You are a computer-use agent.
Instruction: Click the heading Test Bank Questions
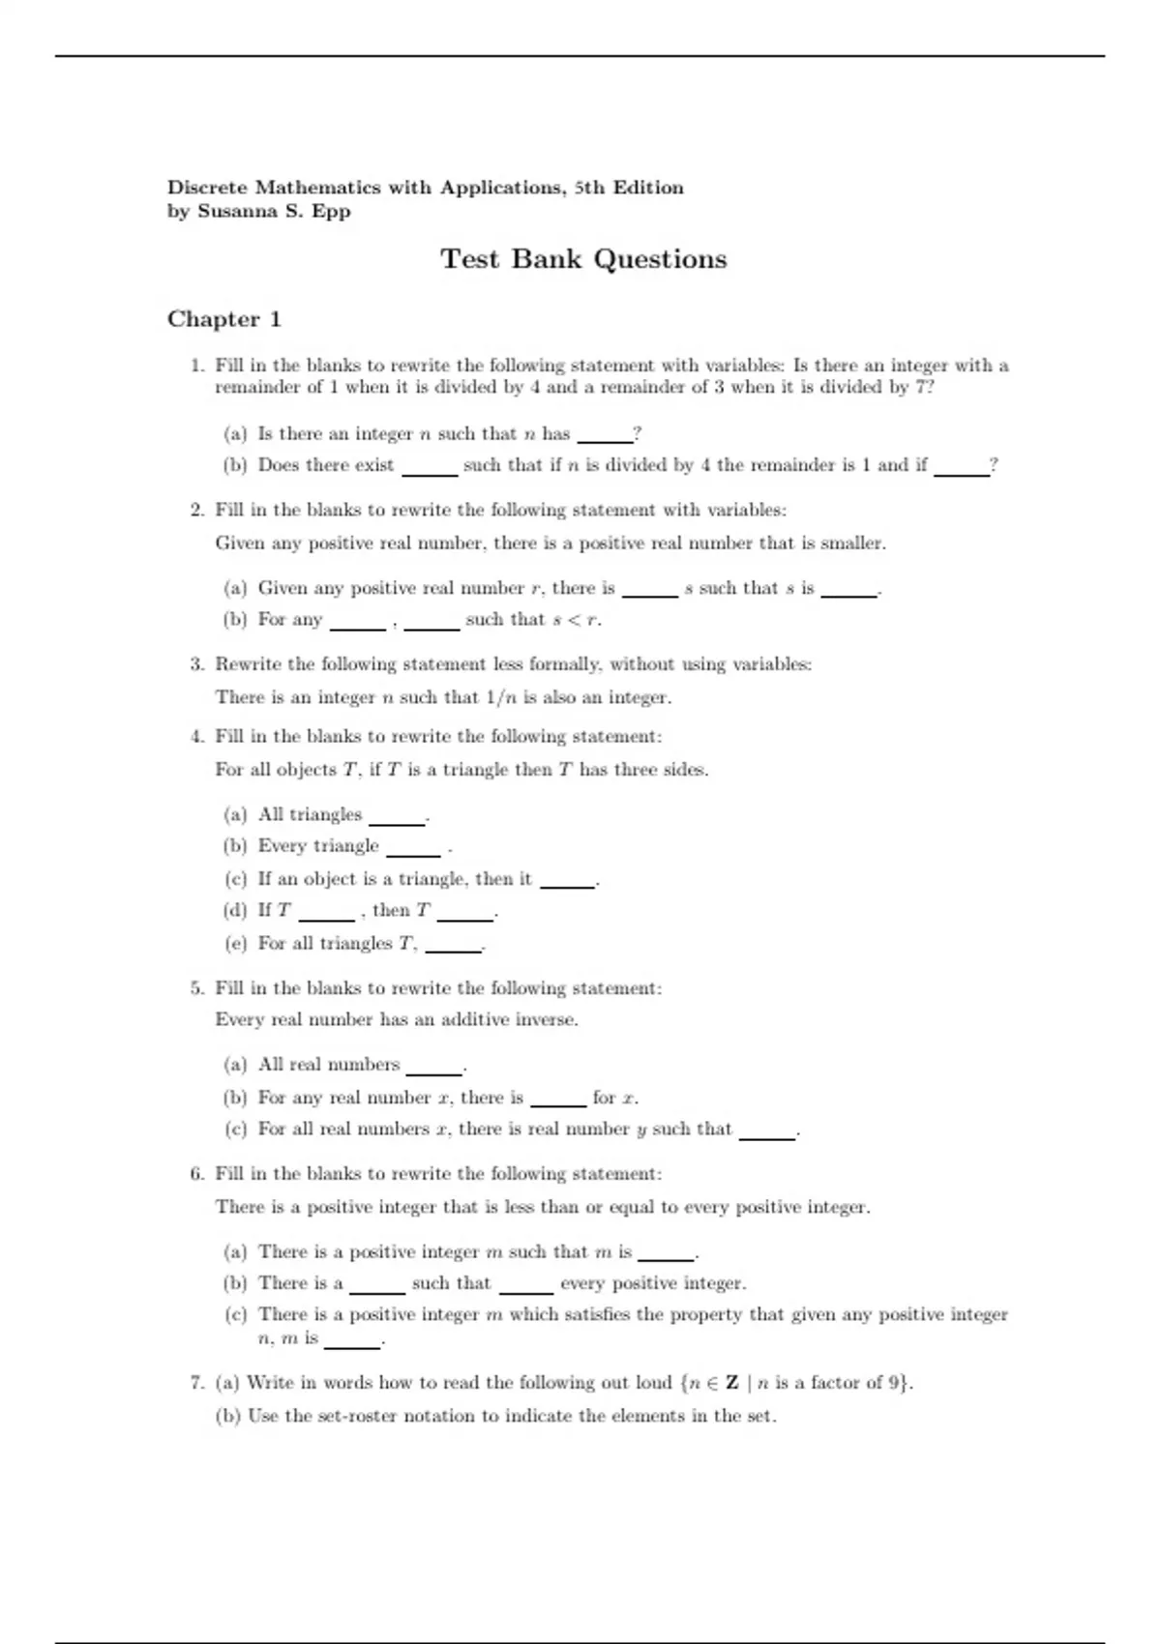tap(583, 259)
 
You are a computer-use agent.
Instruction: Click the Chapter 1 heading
tap(224, 319)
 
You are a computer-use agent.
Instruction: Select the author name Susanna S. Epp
tap(274, 211)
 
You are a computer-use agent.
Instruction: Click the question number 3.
tap(197, 664)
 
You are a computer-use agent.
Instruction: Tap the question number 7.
tap(197, 1383)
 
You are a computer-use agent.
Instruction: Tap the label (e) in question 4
tap(235, 943)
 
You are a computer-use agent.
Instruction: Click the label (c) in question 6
tap(235, 1314)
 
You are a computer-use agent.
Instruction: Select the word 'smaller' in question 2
tap(851, 543)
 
